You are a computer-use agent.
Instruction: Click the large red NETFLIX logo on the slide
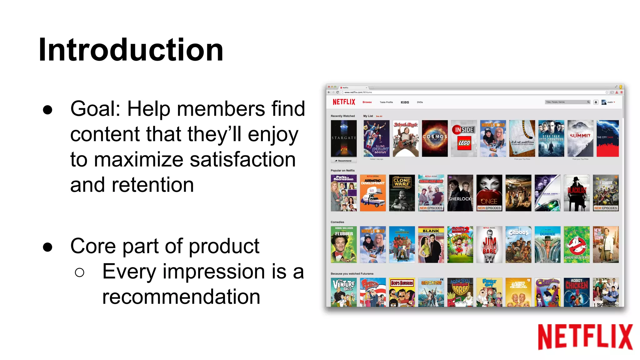pyautogui.click(x=585, y=337)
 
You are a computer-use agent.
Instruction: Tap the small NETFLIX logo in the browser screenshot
pyautogui.click(x=344, y=102)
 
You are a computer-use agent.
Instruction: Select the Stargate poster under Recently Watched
pyautogui.click(x=344, y=138)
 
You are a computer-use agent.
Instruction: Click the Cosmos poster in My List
pyautogui.click(x=435, y=138)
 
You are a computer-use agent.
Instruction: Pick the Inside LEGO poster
pyautogui.click(x=464, y=138)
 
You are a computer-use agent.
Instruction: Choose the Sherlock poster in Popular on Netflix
pyautogui.click(x=460, y=193)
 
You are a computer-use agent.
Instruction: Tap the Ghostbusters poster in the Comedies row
pyautogui.click(x=577, y=244)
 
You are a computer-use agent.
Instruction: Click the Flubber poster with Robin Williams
pyautogui.click(x=344, y=244)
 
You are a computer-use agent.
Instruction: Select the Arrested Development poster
pyautogui.click(x=373, y=193)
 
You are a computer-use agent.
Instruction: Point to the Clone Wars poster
pyautogui.click(x=402, y=193)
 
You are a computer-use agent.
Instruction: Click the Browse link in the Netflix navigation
pyautogui.click(x=367, y=102)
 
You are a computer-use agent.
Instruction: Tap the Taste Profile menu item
pyautogui.click(x=386, y=102)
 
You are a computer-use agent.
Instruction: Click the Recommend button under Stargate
pyautogui.click(x=343, y=161)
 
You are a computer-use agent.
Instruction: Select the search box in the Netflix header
pyautogui.click(x=566, y=102)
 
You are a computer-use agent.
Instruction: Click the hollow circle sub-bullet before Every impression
pyautogui.click(x=80, y=272)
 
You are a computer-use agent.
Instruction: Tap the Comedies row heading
pyautogui.click(x=337, y=222)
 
